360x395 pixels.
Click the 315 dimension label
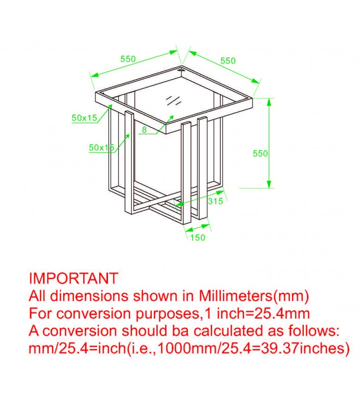(216, 201)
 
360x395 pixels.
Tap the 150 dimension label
(198, 237)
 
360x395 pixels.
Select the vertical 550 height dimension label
(260, 154)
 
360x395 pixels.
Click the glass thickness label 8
(144, 130)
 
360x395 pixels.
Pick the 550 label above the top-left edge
(128, 59)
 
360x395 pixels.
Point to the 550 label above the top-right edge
(228, 61)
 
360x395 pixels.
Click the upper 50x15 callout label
(84, 118)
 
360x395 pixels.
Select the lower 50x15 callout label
(102, 147)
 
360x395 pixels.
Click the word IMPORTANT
(73, 278)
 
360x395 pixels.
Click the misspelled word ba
(180, 331)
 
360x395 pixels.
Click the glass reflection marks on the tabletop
(174, 100)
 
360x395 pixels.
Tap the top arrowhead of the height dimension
(269, 102)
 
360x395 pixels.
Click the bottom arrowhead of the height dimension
(269, 184)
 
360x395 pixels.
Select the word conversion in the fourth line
(80, 331)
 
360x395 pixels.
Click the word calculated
(228, 331)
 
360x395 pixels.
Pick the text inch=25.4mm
(263, 314)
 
